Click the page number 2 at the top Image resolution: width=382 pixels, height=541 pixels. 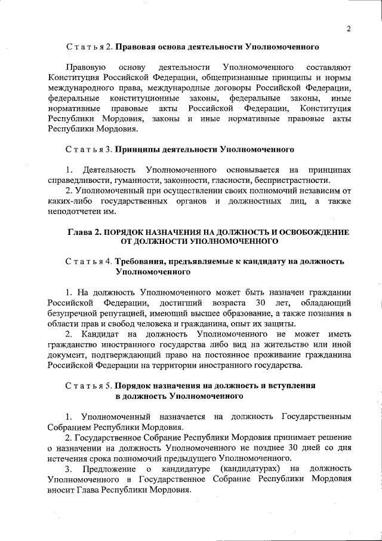coord(349,28)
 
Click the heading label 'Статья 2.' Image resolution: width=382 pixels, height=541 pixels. coord(89,46)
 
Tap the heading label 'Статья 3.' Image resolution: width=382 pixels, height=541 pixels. coord(89,148)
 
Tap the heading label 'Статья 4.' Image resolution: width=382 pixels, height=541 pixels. coord(89,262)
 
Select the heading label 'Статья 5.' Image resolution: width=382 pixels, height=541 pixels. coord(89,386)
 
